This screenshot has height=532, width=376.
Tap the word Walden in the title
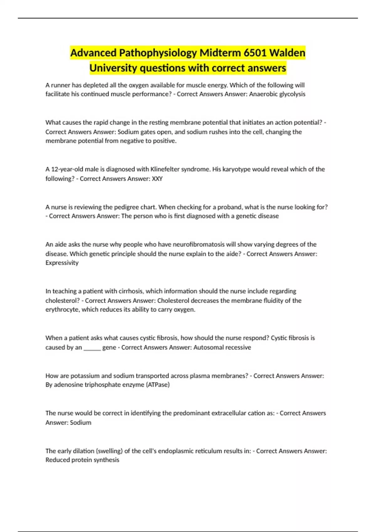tap(287, 53)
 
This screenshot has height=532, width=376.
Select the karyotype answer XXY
tap(157, 179)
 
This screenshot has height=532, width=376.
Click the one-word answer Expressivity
tap(62, 263)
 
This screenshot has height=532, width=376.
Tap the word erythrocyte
tap(62, 309)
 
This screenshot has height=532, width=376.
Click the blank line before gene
tap(92, 347)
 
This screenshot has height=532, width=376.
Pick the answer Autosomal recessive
tap(222, 347)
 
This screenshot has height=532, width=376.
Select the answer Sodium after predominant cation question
tap(81, 422)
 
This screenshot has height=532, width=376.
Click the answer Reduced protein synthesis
tap(82, 460)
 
